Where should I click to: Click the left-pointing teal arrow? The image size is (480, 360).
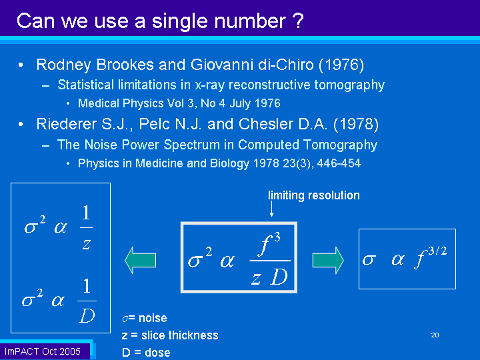click(141, 260)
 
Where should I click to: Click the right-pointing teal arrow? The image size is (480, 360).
click(328, 260)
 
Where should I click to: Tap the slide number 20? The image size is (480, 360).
click(435, 335)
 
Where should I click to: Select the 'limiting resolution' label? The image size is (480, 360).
click(314, 195)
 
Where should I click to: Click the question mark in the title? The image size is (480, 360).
click(298, 21)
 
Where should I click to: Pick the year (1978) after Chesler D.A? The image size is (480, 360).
click(356, 124)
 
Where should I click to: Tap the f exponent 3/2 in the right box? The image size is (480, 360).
click(437, 251)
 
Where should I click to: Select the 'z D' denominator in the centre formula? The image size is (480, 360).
click(269, 277)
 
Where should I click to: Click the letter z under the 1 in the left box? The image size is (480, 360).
click(87, 244)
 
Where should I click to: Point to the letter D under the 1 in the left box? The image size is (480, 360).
click(87, 315)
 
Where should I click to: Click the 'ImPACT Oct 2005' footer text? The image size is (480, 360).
click(43, 351)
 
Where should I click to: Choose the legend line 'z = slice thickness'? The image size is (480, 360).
click(170, 335)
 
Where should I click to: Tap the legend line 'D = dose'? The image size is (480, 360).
click(146, 353)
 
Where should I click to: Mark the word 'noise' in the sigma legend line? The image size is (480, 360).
click(153, 318)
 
